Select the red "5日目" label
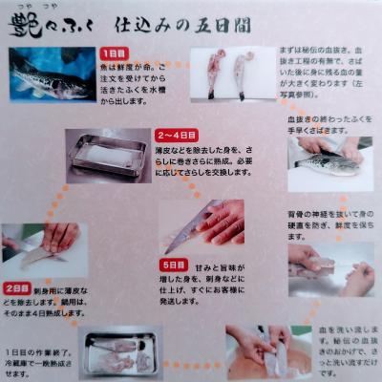click(175, 264)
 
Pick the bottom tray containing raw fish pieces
click(120, 350)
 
